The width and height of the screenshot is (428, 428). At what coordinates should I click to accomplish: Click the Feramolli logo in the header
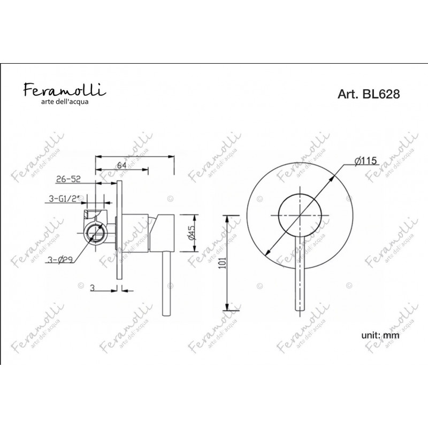65,89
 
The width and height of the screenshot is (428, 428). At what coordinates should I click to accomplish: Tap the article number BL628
381,94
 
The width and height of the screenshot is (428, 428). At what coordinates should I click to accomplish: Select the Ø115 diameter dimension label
366,161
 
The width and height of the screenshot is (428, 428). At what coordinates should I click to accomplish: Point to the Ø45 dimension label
193,233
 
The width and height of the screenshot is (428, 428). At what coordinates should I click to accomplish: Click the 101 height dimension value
223,263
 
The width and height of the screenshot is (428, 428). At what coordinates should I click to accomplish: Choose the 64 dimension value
122,165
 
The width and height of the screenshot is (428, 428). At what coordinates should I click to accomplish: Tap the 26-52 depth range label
68,179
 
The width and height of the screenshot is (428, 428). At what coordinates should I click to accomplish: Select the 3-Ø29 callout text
60,260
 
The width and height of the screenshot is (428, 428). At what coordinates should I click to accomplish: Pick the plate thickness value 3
92,288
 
